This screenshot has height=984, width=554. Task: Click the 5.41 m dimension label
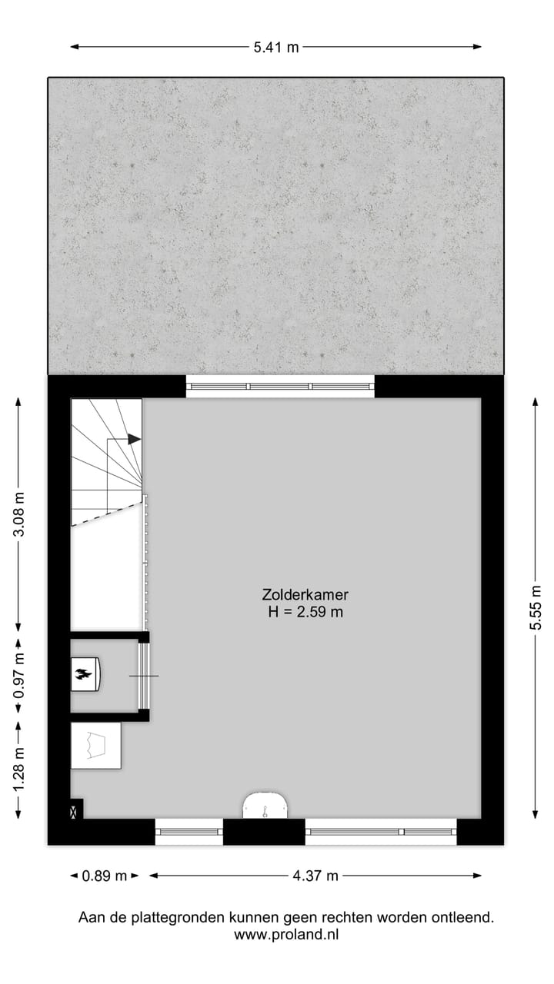coord(276,48)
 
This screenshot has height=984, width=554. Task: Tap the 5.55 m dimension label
coord(536,607)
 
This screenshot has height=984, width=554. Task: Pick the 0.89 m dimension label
coord(104,876)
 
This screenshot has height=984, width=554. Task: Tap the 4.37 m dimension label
coord(315,876)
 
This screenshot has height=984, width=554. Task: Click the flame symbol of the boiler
coord(83,675)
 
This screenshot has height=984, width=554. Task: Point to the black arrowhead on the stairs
coord(135,439)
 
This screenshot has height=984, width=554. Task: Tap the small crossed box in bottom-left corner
coord(75,810)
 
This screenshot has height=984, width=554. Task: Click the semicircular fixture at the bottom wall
coord(265,806)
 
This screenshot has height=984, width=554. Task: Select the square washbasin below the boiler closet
coord(95,745)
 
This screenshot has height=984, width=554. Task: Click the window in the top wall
coord(280,386)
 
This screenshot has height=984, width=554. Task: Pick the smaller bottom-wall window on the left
coord(189,831)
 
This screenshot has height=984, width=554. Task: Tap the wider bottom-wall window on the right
coord(381,831)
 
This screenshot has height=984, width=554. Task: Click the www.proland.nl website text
coord(286,935)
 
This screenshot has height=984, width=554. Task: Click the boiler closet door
coord(142,676)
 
